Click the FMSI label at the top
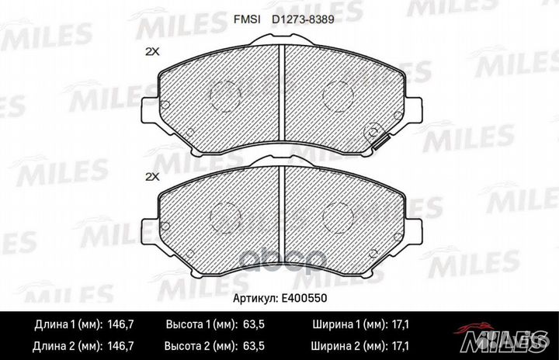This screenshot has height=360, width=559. pyautogui.click(x=247, y=19)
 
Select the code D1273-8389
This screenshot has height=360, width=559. pyautogui.click(x=303, y=19)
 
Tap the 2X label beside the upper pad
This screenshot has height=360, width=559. pyautogui.click(x=152, y=52)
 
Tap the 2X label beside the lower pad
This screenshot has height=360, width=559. pyautogui.click(x=152, y=176)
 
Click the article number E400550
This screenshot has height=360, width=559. pyautogui.click(x=304, y=298)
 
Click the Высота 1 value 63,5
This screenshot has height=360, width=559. pyautogui.click(x=253, y=324)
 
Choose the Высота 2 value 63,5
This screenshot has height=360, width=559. pyautogui.click(x=253, y=346)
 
